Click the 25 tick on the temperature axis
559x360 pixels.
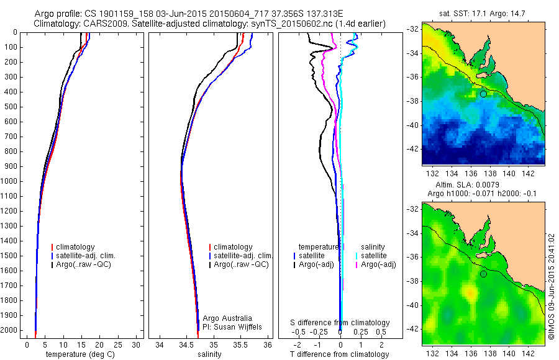point(118,344)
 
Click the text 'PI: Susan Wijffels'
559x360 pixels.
point(234,326)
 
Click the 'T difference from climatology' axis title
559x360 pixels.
point(340,354)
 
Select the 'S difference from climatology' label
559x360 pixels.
point(340,323)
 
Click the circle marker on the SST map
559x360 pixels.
point(483,94)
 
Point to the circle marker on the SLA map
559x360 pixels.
point(483,274)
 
